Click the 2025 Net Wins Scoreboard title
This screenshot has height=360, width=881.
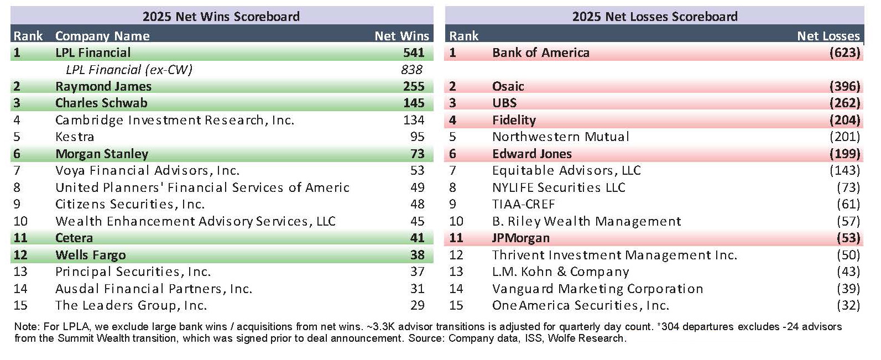221,16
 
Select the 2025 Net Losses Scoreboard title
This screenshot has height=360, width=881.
654,16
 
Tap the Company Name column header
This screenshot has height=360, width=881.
102,36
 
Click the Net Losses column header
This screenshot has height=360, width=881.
828,36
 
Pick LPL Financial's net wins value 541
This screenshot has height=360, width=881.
414,53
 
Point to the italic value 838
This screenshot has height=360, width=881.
411,70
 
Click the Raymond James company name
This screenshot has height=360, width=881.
103,86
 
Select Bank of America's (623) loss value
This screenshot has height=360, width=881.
844,53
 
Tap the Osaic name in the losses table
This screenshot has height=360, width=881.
508,86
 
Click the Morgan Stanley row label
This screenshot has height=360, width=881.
102,154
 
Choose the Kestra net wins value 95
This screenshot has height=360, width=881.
417,137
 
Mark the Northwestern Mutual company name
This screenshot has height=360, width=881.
560,137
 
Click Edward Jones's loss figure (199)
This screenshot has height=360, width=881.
844,154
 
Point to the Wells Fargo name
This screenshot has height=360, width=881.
91,255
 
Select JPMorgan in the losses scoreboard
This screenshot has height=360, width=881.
520,238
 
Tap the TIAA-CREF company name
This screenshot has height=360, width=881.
523,204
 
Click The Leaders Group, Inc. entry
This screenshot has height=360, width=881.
131,305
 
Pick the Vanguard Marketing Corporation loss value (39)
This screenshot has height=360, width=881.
848,289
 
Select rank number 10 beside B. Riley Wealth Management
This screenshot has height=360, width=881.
456,221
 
